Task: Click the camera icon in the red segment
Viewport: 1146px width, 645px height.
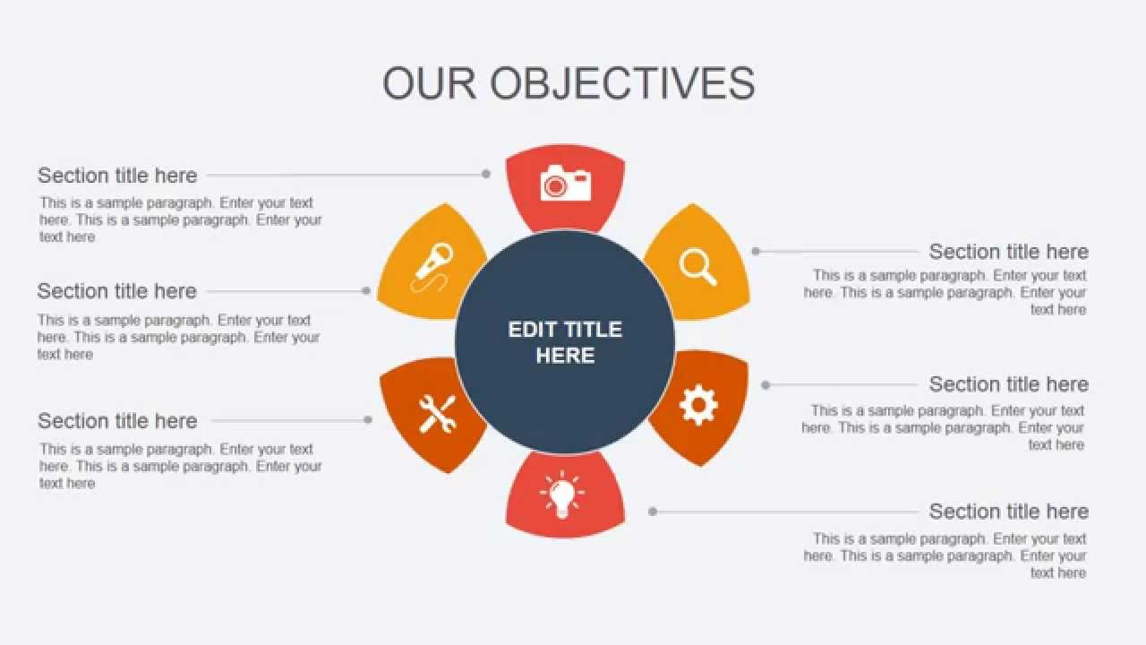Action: click(566, 184)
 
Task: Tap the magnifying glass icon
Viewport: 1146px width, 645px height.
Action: click(697, 266)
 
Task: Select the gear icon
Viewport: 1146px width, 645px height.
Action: click(698, 405)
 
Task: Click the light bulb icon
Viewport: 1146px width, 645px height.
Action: click(562, 494)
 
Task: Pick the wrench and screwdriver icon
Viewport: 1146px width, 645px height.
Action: click(437, 414)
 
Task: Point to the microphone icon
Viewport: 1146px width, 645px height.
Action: click(433, 266)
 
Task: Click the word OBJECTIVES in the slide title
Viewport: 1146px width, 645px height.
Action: click(622, 83)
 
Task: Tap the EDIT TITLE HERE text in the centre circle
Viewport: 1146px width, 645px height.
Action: click(565, 342)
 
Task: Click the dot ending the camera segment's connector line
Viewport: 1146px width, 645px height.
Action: click(486, 174)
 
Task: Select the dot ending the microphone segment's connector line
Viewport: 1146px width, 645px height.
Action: click(366, 290)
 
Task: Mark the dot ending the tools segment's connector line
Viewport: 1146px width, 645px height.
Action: click(368, 419)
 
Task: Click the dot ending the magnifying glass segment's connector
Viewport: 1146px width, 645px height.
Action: click(756, 252)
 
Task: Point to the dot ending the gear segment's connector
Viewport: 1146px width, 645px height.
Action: click(765, 385)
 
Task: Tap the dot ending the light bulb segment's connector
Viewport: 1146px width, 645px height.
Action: click(653, 512)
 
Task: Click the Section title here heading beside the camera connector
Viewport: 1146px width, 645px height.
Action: click(117, 175)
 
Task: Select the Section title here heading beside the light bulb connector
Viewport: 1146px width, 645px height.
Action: click(1008, 512)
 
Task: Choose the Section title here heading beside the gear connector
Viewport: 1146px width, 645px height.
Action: click(1008, 384)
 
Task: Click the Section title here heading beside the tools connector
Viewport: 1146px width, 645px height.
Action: click(117, 420)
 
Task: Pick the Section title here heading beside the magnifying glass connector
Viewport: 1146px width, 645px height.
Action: click(1008, 252)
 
